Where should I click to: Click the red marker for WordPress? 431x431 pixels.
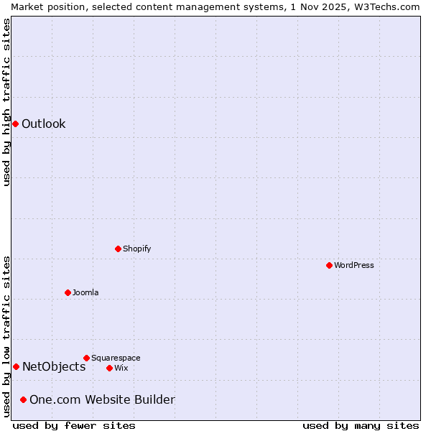pyautogui.click(x=329, y=265)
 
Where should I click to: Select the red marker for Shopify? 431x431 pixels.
pyautogui.click(x=118, y=249)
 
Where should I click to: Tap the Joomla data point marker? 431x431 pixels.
pyautogui.click(x=68, y=292)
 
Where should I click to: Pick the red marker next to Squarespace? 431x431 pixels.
pyautogui.click(x=86, y=358)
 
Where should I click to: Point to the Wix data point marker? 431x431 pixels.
pyautogui.click(x=109, y=368)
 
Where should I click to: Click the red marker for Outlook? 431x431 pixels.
pyautogui.click(x=15, y=124)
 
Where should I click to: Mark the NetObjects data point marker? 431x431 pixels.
pyautogui.click(x=16, y=366)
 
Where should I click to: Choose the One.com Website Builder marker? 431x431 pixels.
pyautogui.click(x=23, y=399)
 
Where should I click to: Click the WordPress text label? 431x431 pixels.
pyautogui.click(x=354, y=265)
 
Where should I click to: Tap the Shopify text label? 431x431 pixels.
pyautogui.click(x=137, y=249)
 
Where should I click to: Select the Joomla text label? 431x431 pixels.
pyautogui.click(x=85, y=292)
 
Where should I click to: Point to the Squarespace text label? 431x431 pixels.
pyautogui.click(x=116, y=358)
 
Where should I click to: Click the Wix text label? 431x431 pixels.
pyautogui.click(x=121, y=368)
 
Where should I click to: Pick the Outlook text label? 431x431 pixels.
pyautogui.click(x=44, y=124)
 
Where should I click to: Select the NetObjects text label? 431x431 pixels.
pyautogui.click(x=54, y=366)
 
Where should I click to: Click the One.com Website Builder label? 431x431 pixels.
pyautogui.click(x=102, y=399)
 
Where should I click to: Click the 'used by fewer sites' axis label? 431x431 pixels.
pyautogui.click(x=74, y=425)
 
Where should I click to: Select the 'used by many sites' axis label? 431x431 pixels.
pyautogui.click(x=361, y=425)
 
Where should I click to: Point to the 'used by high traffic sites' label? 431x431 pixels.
pyautogui.click(x=6, y=102)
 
